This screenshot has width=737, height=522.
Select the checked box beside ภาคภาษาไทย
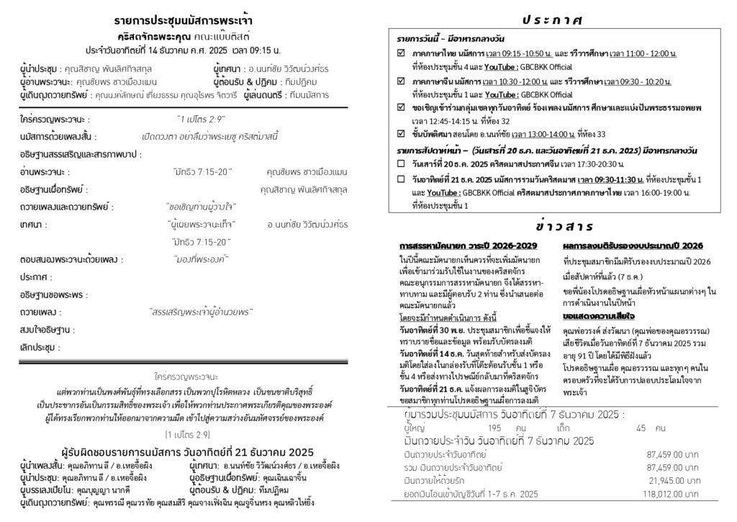(402, 54)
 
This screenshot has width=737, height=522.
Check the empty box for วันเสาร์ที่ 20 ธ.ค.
(402, 164)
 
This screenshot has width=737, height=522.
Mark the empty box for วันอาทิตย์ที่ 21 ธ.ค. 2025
(402, 178)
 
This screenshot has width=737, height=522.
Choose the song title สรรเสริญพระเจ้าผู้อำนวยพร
(201, 312)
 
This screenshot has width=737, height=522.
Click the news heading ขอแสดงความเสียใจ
(594, 315)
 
